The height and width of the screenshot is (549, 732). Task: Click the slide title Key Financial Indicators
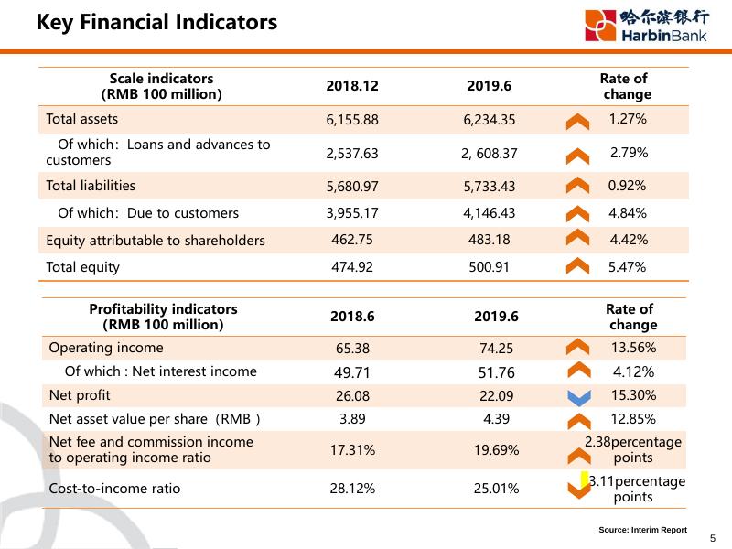(156, 22)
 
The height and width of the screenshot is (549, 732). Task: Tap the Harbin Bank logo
(647, 25)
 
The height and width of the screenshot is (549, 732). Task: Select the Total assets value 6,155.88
(352, 120)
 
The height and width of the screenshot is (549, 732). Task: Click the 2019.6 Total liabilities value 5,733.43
(490, 187)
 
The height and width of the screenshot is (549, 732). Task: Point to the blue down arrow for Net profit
(577, 397)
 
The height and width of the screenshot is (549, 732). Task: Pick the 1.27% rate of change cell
(628, 119)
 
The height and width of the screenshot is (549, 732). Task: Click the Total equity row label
(83, 268)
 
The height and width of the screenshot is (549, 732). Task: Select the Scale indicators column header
(161, 86)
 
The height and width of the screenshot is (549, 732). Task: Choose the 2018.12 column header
(352, 86)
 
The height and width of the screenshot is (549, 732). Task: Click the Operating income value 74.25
(497, 349)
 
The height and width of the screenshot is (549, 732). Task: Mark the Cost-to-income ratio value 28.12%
(352, 489)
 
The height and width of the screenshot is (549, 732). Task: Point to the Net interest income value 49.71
(352, 372)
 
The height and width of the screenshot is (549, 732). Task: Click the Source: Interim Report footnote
(642, 530)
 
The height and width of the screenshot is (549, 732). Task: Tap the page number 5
(713, 538)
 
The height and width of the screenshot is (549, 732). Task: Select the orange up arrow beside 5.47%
(577, 267)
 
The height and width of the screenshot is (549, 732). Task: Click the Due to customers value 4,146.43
(490, 213)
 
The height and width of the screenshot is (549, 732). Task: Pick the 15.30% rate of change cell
(634, 395)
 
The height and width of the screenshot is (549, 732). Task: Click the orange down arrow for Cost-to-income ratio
(577, 490)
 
